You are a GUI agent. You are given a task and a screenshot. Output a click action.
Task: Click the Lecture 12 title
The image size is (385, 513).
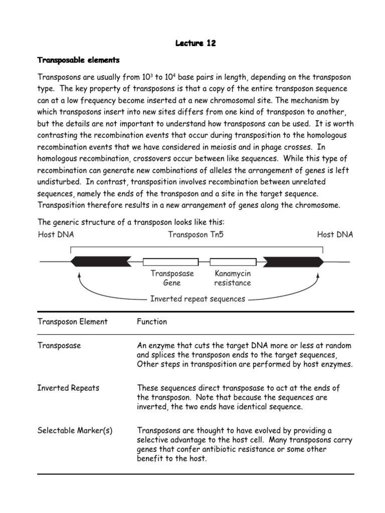[196, 43]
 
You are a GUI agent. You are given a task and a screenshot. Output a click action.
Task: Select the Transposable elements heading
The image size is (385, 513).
[79, 60]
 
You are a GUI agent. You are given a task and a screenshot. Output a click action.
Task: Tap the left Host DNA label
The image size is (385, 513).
[56, 234]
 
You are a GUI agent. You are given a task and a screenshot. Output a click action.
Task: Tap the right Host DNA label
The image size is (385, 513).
[335, 234]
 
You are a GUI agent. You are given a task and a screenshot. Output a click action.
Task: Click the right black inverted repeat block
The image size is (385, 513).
[294, 261]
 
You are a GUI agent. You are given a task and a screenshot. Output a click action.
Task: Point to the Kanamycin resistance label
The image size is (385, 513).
[232, 279]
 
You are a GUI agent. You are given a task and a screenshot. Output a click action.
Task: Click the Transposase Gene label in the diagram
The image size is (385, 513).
[172, 279]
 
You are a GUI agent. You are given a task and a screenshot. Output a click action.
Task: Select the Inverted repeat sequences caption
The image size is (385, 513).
[198, 299]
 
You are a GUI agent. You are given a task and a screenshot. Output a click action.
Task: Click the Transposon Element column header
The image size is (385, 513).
[73, 322]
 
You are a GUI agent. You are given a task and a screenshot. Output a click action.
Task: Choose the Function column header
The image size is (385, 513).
[152, 322]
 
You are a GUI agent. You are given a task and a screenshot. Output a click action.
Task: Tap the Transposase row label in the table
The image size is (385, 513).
[59, 346]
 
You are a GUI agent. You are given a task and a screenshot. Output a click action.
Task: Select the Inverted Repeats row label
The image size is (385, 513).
[68, 388]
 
